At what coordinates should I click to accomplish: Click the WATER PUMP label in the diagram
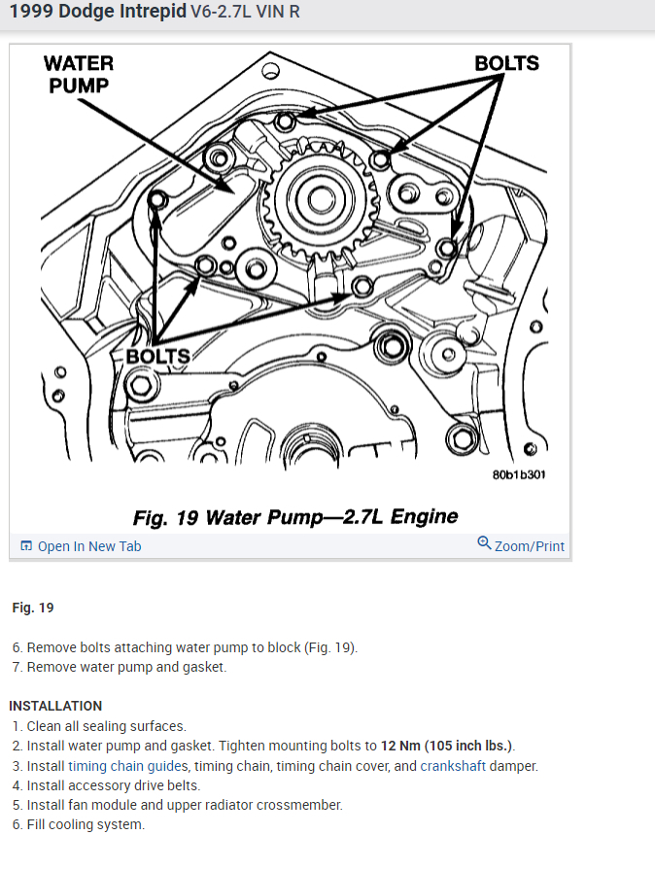tap(79, 74)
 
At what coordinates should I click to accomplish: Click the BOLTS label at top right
tap(506, 63)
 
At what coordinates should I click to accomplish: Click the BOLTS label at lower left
tap(158, 356)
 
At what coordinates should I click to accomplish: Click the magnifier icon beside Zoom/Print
tap(484, 543)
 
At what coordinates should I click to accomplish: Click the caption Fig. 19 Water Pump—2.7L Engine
tap(294, 516)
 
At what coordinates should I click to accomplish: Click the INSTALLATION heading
tap(55, 706)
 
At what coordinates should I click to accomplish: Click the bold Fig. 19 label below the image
tap(33, 608)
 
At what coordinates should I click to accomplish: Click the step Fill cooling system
tap(86, 824)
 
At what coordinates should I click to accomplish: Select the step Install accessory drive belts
tap(113, 785)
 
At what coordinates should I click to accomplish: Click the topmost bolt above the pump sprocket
tap(284, 122)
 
